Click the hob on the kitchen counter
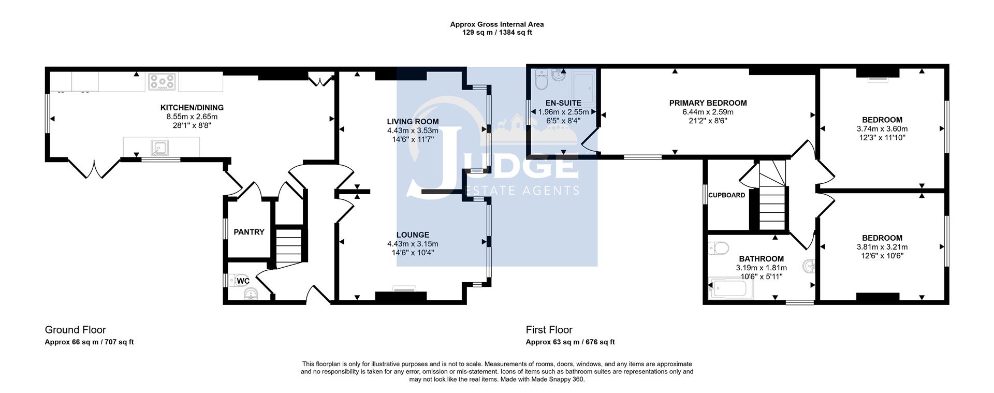(x=162, y=81)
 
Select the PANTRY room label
(x=249, y=232)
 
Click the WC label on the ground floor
(x=243, y=281)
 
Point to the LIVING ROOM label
(x=413, y=122)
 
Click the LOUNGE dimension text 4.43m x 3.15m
(x=413, y=244)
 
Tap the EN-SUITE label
(x=563, y=103)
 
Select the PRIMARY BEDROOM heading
(x=708, y=103)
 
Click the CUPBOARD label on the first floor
(x=726, y=195)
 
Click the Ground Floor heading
(x=76, y=330)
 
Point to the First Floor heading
(x=549, y=330)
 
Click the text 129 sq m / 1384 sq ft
(x=496, y=33)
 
